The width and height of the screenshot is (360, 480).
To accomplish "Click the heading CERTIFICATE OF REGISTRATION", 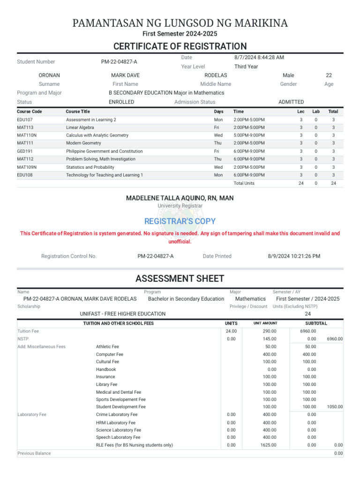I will tap(180, 46).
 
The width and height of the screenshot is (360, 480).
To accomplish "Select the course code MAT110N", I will tap(27, 135).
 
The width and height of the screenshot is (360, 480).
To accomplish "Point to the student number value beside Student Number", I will tap(119, 62).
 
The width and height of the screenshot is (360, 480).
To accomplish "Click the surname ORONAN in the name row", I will tap(49, 75).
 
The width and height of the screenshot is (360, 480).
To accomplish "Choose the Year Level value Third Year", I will tap(246, 67).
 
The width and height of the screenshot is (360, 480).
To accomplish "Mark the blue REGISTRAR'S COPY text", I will tap(180, 221).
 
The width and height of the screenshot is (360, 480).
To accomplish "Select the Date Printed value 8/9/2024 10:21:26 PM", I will tap(294, 256).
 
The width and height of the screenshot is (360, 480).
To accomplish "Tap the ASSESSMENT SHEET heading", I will tap(180, 279).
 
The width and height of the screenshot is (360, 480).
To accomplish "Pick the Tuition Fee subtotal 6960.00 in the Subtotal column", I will tap(308, 331).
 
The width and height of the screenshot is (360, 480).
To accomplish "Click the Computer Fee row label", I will tap(110, 354).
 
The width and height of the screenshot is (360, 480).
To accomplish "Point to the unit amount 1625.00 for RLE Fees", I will tap(269, 445).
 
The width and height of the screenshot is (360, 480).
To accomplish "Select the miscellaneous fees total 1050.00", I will tap(335, 407).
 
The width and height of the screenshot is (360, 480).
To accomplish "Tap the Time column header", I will tap(239, 112).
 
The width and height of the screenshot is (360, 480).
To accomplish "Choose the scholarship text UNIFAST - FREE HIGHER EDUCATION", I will tap(123, 314).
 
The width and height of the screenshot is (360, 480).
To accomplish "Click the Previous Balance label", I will tap(34, 453).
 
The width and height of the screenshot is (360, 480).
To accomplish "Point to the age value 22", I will tap(329, 75).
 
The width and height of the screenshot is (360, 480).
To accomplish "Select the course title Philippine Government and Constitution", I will tap(105, 151).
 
